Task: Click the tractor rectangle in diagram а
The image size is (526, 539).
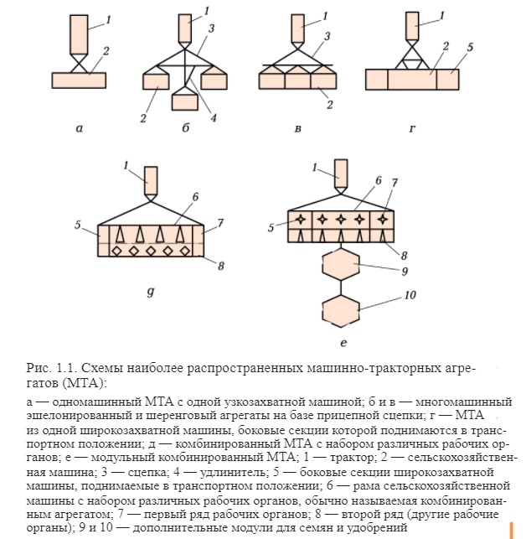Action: coord(79,34)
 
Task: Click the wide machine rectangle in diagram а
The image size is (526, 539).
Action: coord(79,80)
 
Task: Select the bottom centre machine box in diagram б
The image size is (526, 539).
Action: coord(185,102)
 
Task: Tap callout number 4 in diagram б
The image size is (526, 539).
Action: coord(214,118)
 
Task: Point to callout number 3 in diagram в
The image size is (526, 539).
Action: coord(327,36)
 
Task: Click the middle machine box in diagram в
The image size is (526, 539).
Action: coord(297,81)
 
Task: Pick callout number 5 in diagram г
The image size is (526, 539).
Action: coord(470,47)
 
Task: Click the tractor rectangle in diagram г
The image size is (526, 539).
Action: coord(412,26)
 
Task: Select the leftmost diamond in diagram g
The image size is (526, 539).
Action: coord(116,251)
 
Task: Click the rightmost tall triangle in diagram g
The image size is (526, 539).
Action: coord(180,235)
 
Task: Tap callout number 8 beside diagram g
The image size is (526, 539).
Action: coord(221,266)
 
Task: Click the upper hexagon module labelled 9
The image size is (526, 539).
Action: coord(341,265)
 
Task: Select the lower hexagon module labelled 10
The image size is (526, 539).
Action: coord(341,311)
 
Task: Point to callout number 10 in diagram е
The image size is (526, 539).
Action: coord(410,295)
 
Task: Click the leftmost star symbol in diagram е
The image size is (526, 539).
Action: coord(301,220)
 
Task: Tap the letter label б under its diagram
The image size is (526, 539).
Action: coord(186,128)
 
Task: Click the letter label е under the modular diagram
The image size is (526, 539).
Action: coord(343,343)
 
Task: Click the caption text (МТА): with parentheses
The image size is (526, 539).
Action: coord(84,382)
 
